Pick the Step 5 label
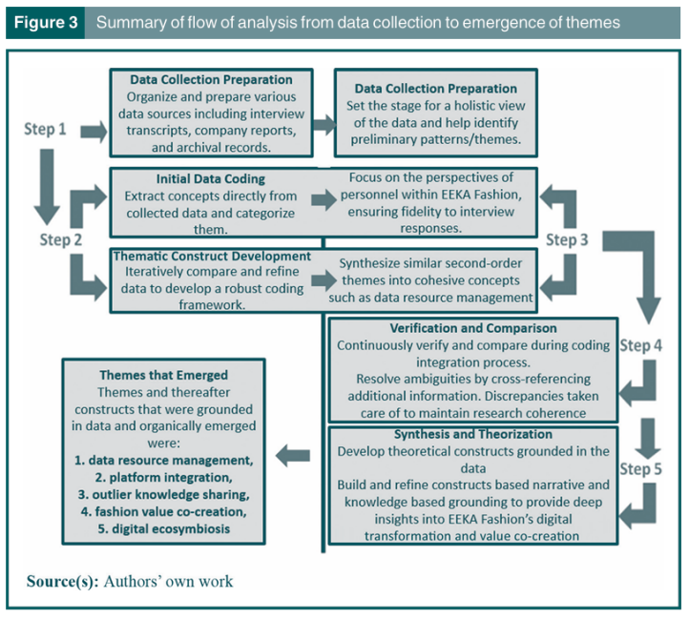(x=642, y=469)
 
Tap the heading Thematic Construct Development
(x=212, y=256)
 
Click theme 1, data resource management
(x=164, y=460)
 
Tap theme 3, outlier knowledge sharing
(x=164, y=495)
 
